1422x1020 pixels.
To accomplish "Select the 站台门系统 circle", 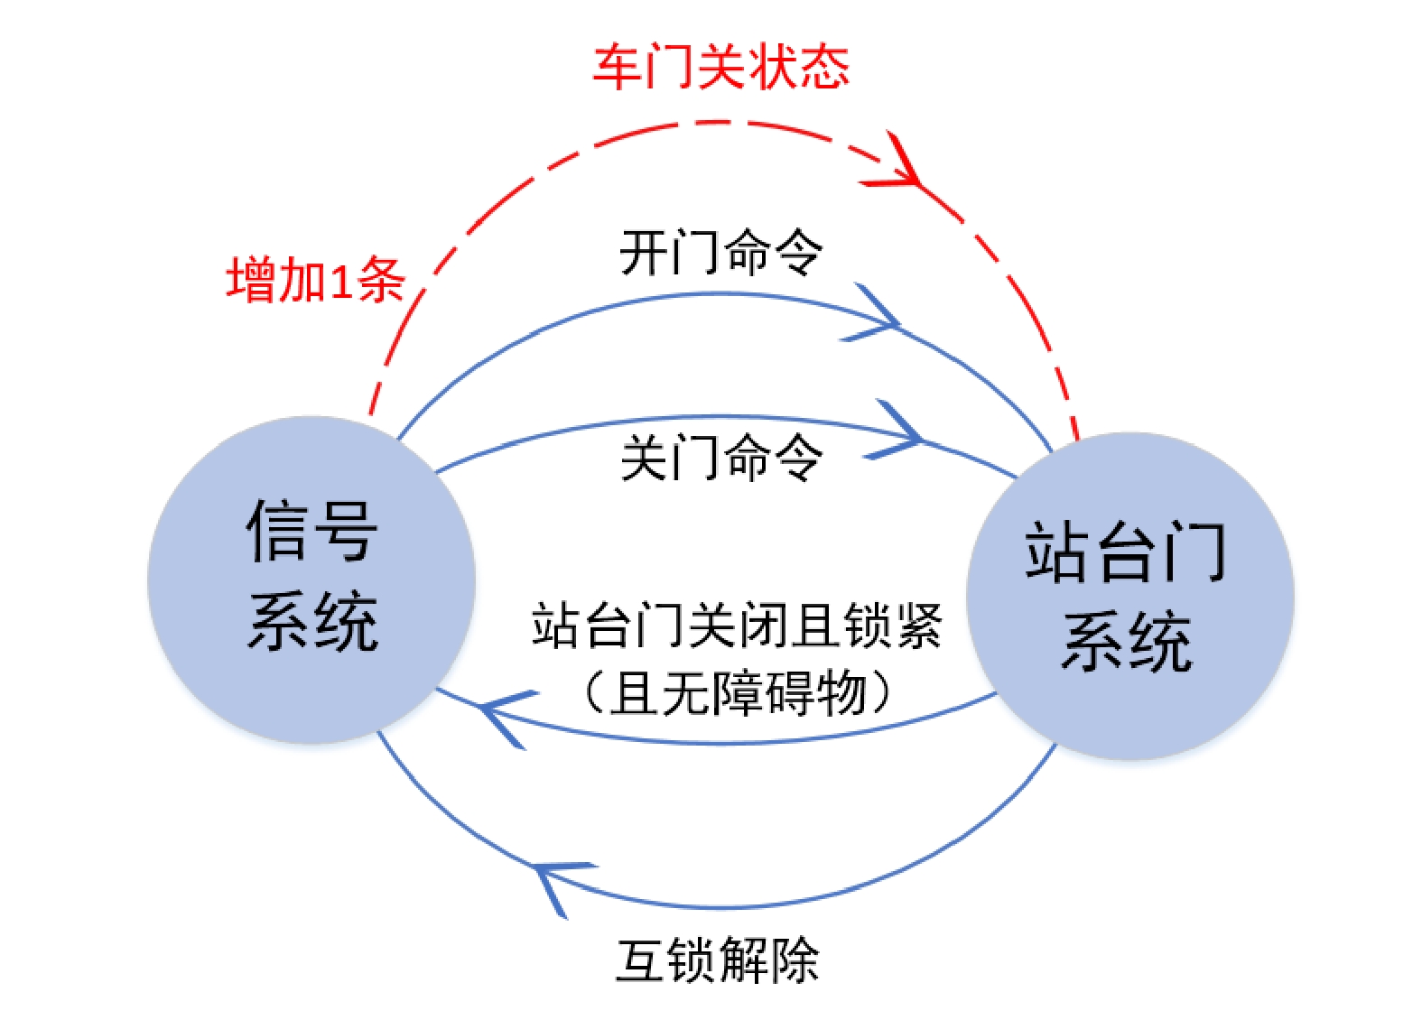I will pyautogui.click(x=1129, y=596).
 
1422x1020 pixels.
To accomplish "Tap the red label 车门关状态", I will pyautogui.click(x=720, y=67).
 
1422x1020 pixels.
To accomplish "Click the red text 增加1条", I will pyautogui.click(x=315, y=280).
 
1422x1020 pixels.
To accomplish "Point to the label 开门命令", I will pyautogui.click(x=720, y=252).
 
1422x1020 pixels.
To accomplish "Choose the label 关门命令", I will pyautogui.click(x=720, y=457).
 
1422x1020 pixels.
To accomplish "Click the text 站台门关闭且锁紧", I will pyautogui.click(x=737, y=626).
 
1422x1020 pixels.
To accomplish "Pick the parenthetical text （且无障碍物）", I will pyautogui.click(x=737, y=693).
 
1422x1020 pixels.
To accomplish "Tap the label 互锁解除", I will pyautogui.click(x=718, y=960).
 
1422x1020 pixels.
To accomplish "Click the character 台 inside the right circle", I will pyautogui.click(x=1129, y=552).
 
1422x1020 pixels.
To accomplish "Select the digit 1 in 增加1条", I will pyautogui.click(x=340, y=281).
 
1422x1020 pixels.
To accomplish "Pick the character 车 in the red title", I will pyautogui.click(x=618, y=67).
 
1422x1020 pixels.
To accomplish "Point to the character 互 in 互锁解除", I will pyautogui.click(x=641, y=960).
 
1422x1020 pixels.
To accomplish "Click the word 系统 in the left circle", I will pyautogui.click(x=312, y=621).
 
